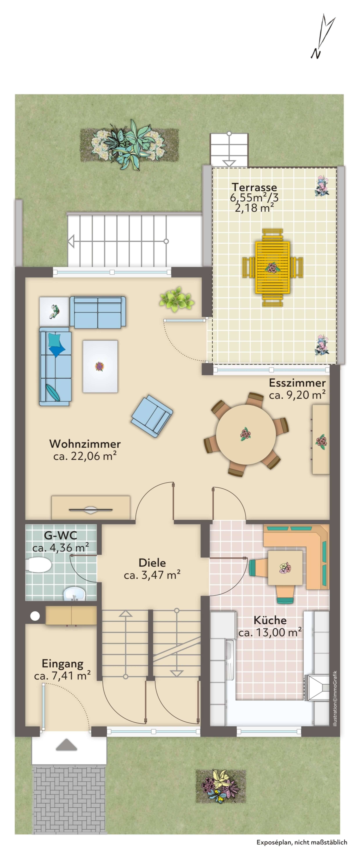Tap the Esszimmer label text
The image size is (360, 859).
click(297, 383)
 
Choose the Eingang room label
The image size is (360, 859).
click(62, 664)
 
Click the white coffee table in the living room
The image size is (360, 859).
click(100, 366)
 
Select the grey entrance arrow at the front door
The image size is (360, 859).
click(67, 751)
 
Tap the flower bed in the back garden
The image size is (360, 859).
click(129, 145)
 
